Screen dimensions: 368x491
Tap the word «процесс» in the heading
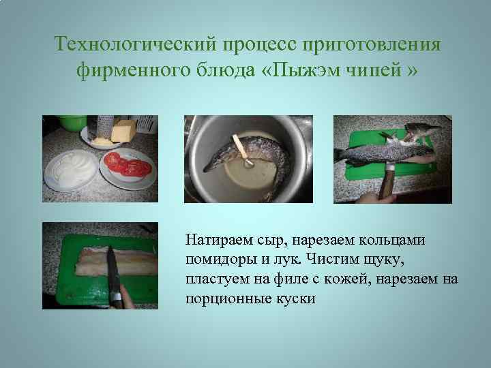pyautogui.click(x=252, y=45)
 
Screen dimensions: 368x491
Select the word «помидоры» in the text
pyautogui.click(x=218, y=259)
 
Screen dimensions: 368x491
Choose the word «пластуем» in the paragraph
pyautogui.click(x=215, y=279)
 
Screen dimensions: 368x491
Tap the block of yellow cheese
pyautogui.click(x=123, y=129)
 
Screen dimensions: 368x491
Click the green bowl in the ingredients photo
pyautogui.click(x=71, y=123)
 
